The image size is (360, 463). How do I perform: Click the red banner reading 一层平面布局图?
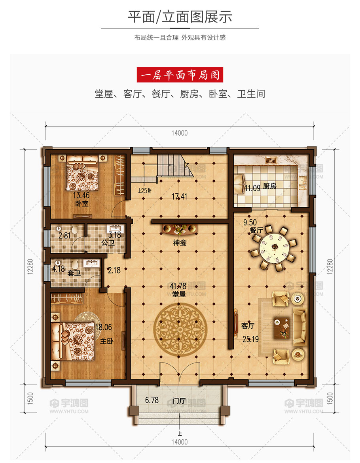click(x=180, y=75)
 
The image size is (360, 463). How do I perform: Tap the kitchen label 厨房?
click(x=270, y=186)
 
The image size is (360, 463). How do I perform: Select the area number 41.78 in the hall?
click(x=178, y=286)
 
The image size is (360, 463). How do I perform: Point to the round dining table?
click(x=275, y=248)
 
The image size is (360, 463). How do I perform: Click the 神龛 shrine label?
click(x=180, y=243)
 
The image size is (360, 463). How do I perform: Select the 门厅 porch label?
click(x=179, y=401)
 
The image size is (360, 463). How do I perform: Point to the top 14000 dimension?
click(x=180, y=133)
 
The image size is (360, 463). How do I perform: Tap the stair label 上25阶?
click(x=144, y=191)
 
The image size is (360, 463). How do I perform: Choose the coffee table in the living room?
click(x=282, y=328)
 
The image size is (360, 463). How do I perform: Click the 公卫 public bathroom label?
click(x=108, y=243)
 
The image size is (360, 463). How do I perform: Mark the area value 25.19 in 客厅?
click(x=250, y=339)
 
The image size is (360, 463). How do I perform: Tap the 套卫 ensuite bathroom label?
click(x=74, y=273)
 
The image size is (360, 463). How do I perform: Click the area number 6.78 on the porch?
click(x=152, y=400)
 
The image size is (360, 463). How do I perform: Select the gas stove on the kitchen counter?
click(x=271, y=161)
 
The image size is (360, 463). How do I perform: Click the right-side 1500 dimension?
click(x=330, y=398)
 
